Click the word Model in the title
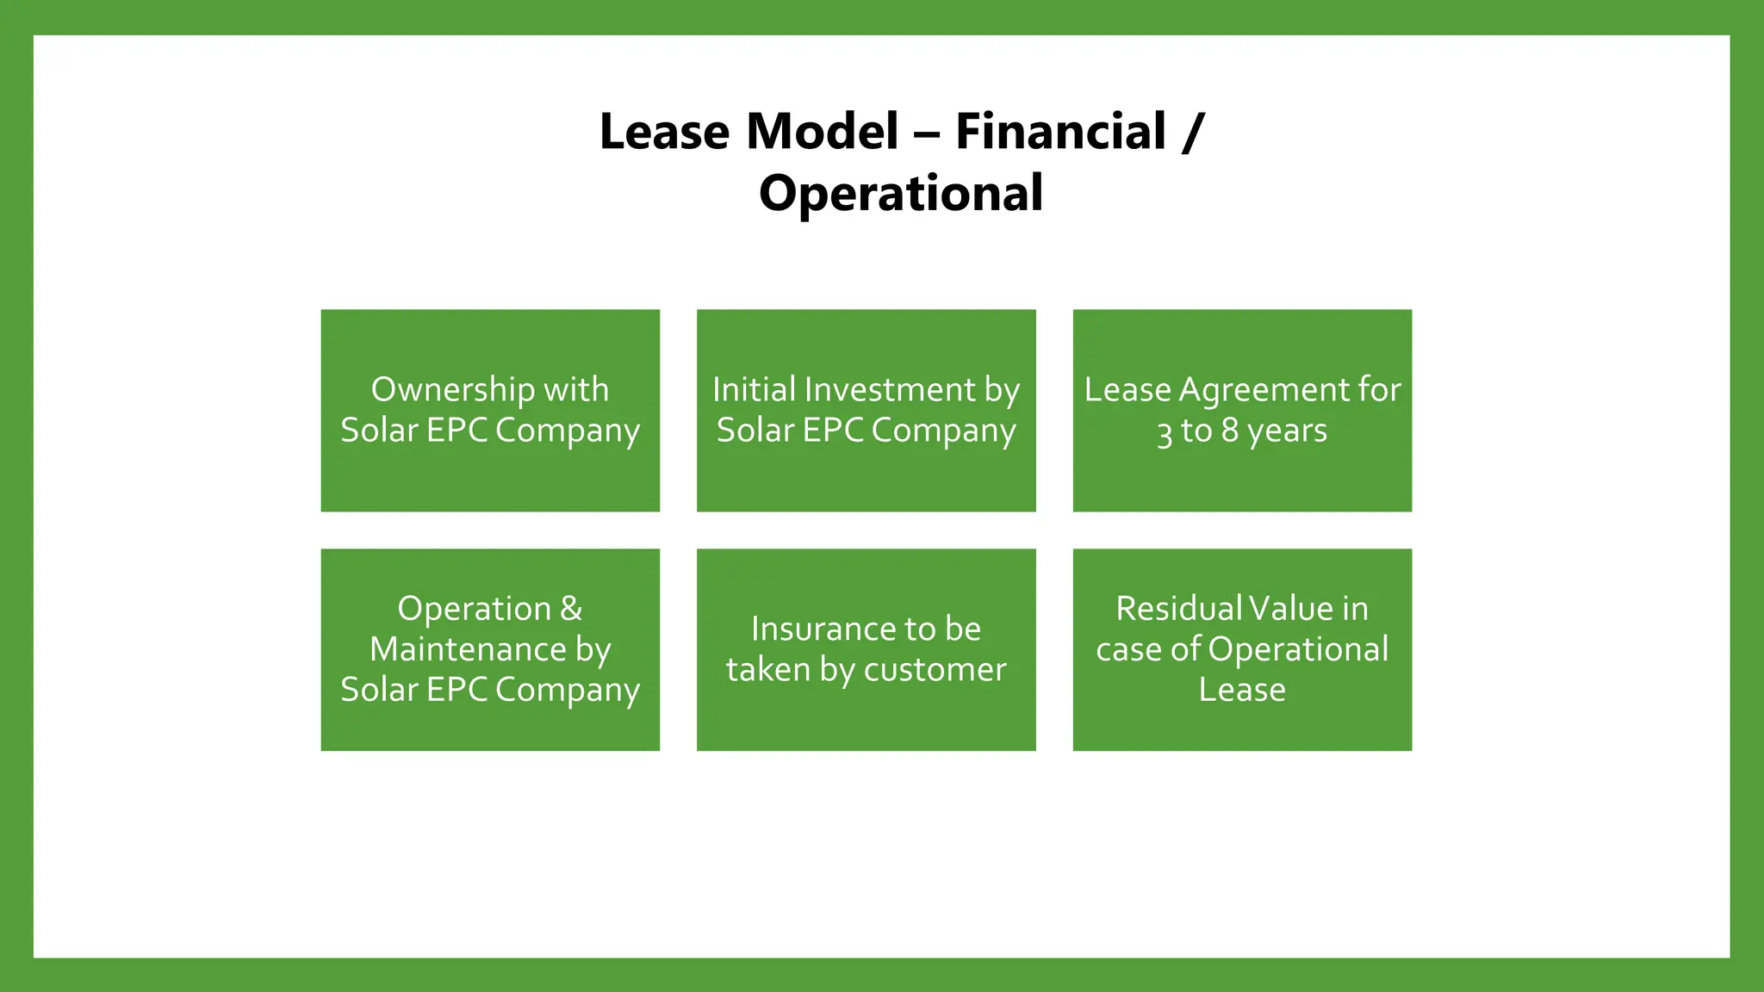pos(823,132)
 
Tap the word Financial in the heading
pos(1060,132)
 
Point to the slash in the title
pos(1193,132)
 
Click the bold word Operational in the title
pos(901,193)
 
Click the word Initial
pos(755,390)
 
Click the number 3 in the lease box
pos(1165,431)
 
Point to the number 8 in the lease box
pos(1230,431)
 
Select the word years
pos(1288,431)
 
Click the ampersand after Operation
pos(571,609)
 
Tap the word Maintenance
pos(468,649)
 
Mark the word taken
pos(767,670)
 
